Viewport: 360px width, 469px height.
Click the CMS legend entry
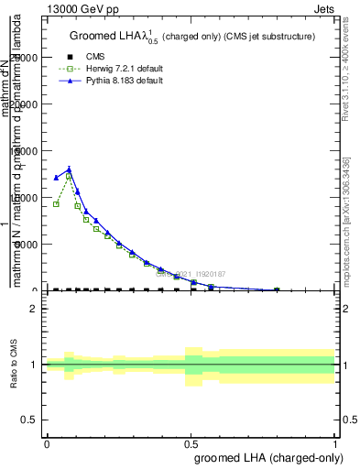tap(95, 57)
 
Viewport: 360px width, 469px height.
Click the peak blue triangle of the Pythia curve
tap(69, 169)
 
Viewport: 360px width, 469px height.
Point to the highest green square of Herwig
tap(69, 176)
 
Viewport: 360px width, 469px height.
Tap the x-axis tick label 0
tap(47, 443)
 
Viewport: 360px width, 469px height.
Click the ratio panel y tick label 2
tap(34, 309)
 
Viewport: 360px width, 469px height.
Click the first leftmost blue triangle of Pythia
tap(56, 178)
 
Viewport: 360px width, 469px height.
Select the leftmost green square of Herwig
tap(56, 203)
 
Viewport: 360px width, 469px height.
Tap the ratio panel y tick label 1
tap(34, 365)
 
